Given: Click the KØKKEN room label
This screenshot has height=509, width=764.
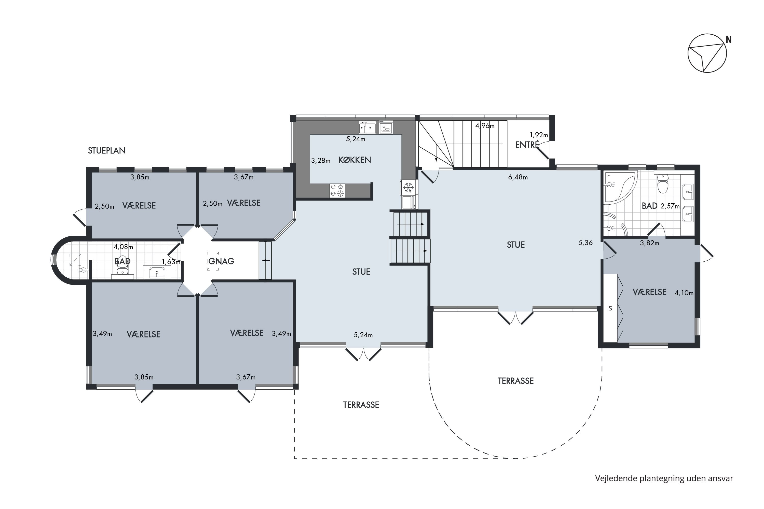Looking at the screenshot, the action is click(x=354, y=160).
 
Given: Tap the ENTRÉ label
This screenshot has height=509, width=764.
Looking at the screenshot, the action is click(x=527, y=145).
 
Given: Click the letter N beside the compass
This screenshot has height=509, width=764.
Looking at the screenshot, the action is click(x=729, y=40).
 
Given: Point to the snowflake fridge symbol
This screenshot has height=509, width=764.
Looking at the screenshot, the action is click(x=408, y=187).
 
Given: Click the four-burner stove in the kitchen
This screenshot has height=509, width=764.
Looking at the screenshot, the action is click(x=337, y=191).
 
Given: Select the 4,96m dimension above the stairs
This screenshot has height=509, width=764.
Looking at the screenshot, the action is click(x=485, y=126).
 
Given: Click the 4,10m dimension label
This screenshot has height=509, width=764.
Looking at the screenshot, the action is click(x=684, y=293).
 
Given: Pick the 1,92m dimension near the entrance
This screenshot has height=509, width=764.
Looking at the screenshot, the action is click(x=539, y=135).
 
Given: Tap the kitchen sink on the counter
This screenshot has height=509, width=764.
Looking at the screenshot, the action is click(x=367, y=128).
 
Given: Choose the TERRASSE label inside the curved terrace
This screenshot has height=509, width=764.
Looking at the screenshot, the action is click(x=515, y=381).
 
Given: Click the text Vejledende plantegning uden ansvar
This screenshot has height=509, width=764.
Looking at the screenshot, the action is click(x=664, y=478).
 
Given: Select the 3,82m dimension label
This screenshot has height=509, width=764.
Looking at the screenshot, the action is click(x=649, y=243).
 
